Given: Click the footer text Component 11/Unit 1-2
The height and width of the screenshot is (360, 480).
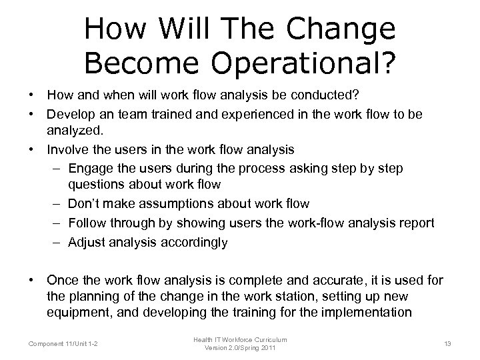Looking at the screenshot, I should point(63,343).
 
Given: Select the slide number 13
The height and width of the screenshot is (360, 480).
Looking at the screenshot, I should point(447,343).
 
